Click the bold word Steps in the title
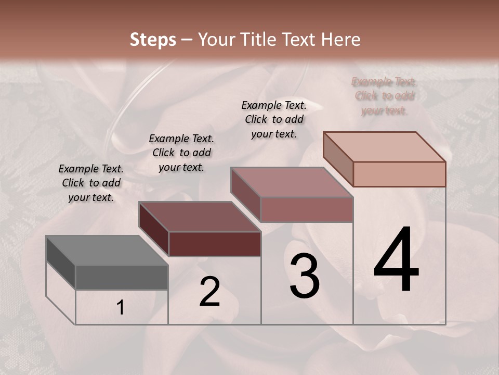[153, 40]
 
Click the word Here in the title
[341, 40]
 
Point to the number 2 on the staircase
[209, 292]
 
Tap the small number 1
[120, 308]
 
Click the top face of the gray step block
[107, 251]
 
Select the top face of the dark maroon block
[200, 217]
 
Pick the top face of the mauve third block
[292, 182]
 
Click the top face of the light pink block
[385, 147]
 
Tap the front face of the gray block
[122, 278]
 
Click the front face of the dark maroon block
[215, 244]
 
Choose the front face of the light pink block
[399, 174]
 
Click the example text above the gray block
[91, 183]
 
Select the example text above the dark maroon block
[181, 153]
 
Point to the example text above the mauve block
[274, 119]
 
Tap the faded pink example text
[384, 96]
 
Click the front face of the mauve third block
[307, 209]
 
